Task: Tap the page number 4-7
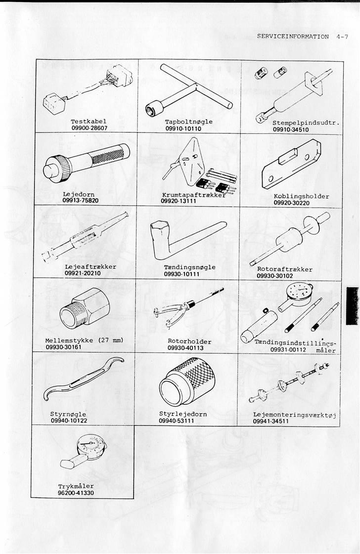click(x=342, y=37)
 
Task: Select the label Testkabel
click(x=89, y=121)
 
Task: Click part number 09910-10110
click(x=183, y=128)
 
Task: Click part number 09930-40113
click(x=185, y=348)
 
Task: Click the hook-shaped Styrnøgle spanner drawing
click(x=82, y=382)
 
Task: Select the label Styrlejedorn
click(x=182, y=414)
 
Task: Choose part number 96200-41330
click(x=75, y=493)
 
